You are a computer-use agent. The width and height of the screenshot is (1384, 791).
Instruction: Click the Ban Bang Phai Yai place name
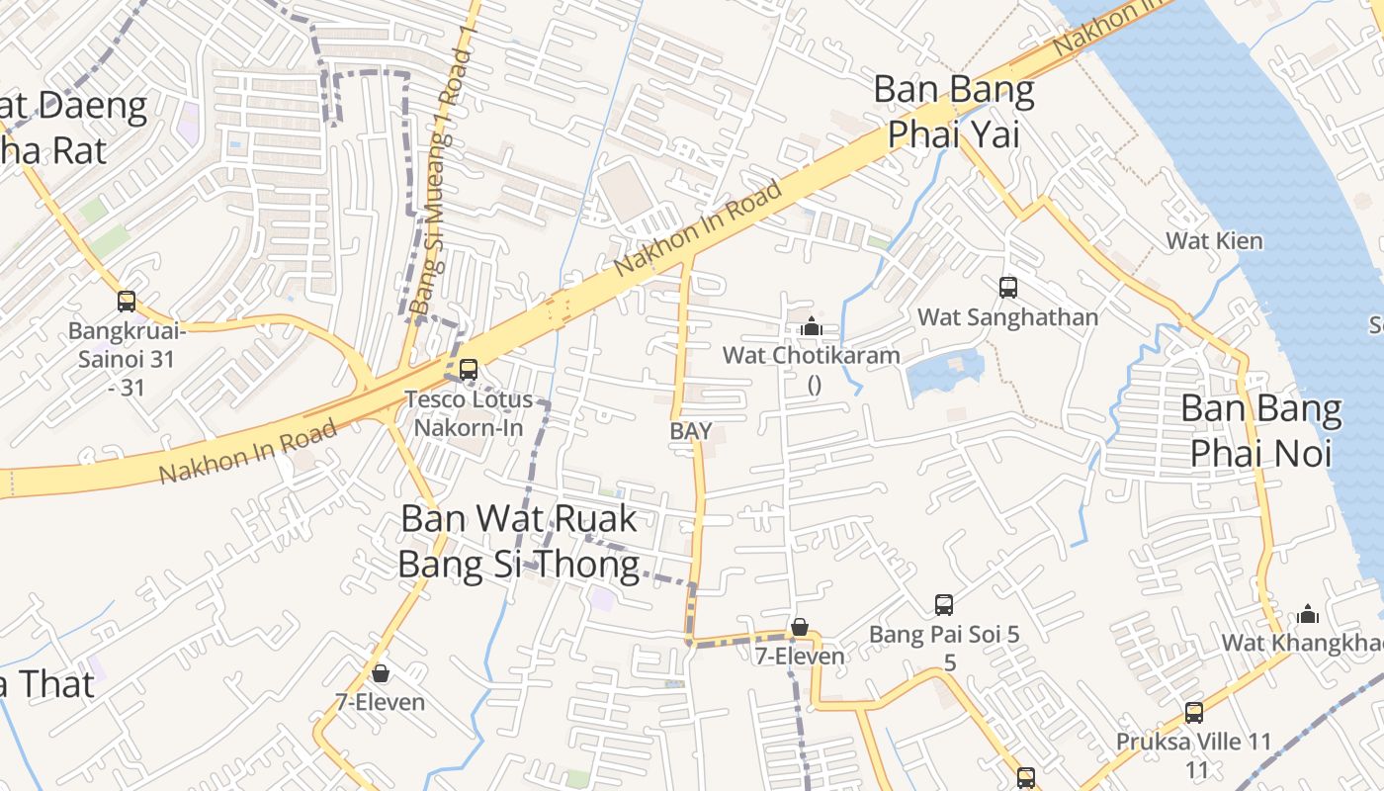(954, 111)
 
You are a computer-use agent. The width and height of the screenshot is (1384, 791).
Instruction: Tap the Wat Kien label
(1214, 240)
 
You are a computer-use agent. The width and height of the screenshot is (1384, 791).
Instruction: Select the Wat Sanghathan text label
(1007, 317)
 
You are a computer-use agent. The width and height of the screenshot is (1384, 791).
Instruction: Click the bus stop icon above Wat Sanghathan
(1008, 288)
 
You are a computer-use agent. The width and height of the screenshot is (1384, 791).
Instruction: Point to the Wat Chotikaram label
(811, 355)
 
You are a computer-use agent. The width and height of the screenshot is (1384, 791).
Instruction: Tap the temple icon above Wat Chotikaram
(812, 325)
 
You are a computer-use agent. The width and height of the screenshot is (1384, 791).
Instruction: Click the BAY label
(691, 431)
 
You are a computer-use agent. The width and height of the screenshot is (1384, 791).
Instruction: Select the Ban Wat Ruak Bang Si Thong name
(518, 541)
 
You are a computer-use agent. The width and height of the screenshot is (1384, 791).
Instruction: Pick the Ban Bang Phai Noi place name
(1261, 430)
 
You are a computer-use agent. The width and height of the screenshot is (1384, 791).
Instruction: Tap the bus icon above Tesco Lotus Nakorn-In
(469, 370)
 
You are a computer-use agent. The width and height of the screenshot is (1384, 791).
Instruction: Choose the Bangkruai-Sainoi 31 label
(126, 344)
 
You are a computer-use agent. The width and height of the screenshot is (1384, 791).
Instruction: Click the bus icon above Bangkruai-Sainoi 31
(127, 301)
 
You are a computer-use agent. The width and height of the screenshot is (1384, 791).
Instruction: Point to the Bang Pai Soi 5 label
(944, 635)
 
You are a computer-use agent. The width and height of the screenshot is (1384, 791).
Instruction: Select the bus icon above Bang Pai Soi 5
(944, 604)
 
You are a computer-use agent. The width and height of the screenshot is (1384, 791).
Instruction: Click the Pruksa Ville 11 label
(1193, 742)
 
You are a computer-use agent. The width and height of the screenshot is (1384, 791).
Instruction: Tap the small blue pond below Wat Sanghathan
(945, 373)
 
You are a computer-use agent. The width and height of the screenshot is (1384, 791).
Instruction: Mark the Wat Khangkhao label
(1301, 643)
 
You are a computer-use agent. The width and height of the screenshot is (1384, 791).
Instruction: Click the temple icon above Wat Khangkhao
(1308, 614)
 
